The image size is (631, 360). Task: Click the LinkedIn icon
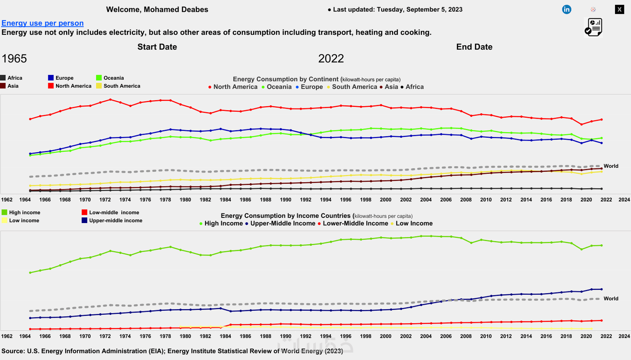pyautogui.click(x=566, y=10)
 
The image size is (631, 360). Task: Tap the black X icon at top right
pyautogui.click(x=619, y=10)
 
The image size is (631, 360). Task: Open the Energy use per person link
pyautogui.click(x=42, y=23)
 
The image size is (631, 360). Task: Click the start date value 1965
pyautogui.click(x=14, y=59)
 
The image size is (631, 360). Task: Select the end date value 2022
pyautogui.click(x=331, y=59)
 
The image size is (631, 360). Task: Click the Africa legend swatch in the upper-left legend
pyautogui.click(x=3, y=78)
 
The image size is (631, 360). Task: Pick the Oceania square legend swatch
pyautogui.click(x=99, y=78)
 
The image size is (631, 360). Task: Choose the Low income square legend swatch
pyautogui.click(x=4, y=220)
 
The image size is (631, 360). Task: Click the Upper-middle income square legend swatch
pyautogui.click(x=84, y=220)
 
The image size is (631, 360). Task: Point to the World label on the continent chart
pyautogui.click(x=611, y=166)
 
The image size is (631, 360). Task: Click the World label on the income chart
pyautogui.click(x=611, y=298)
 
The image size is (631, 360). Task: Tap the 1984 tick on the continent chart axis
pyautogui.click(x=225, y=200)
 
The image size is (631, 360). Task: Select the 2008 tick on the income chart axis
pyautogui.click(x=466, y=336)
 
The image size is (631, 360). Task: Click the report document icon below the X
pyautogui.click(x=593, y=27)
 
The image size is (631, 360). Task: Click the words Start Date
pyautogui.click(x=157, y=47)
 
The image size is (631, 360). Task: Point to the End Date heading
pyautogui.click(x=474, y=47)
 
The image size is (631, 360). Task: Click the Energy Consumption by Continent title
pyautogui.click(x=285, y=79)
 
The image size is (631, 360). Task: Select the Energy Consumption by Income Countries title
pyautogui.click(x=285, y=216)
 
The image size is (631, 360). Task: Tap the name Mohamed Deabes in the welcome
pyautogui.click(x=176, y=10)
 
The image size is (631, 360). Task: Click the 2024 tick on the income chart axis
pyautogui.click(x=624, y=336)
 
